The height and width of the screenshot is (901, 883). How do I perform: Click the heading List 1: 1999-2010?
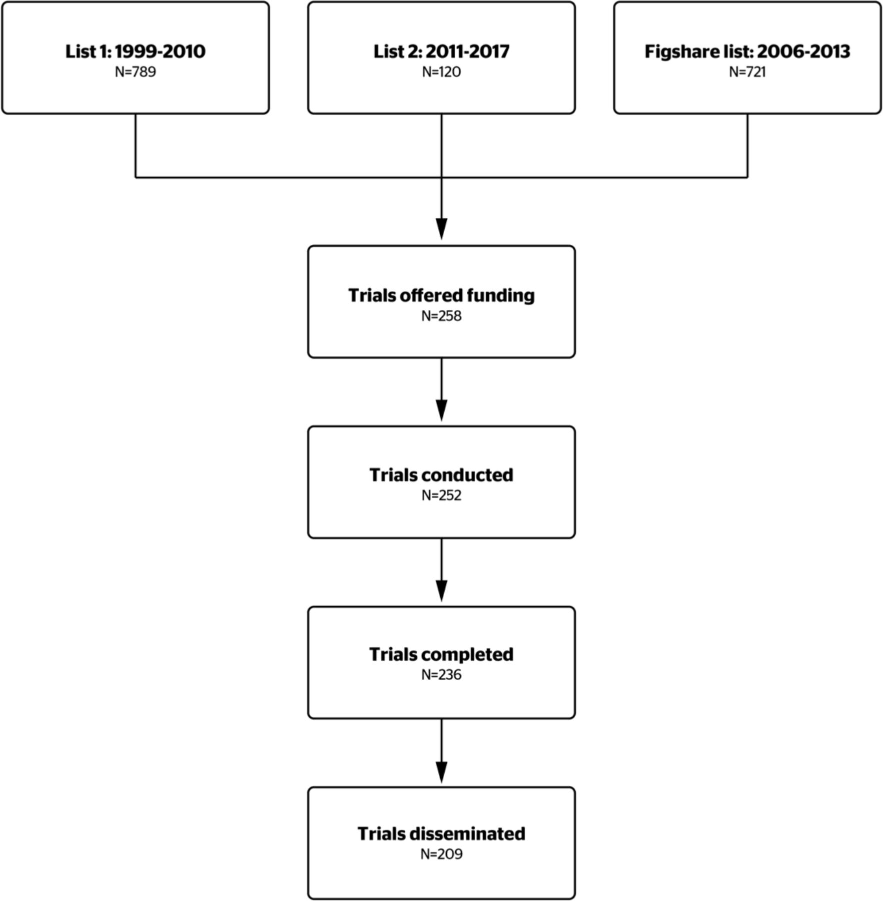click(x=135, y=52)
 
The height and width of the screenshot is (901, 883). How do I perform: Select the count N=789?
click(x=135, y=72)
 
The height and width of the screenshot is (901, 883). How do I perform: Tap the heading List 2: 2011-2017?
click(x=441, y=52)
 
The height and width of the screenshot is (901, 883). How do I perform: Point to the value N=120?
click(x=441, y=72)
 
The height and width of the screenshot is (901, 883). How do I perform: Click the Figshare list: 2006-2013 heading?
click(x=747, y=52)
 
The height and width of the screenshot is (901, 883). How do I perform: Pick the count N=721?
click(x=747, y=72)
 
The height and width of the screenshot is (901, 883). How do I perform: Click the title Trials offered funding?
click(x=441, y=295)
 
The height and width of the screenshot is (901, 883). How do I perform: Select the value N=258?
click(x=441, y=316)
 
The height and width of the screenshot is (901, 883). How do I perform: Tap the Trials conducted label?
click(x=441, y=475)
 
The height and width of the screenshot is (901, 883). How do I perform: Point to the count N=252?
click(x=441, y=496)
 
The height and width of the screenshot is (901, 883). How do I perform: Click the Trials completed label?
click(x=441, y=655)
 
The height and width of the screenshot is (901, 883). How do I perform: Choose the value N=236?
click(x=441, y=675)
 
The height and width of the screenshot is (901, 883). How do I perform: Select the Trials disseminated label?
click(x=441, y=834)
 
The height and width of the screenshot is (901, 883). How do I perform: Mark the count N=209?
click(x=441, y=854)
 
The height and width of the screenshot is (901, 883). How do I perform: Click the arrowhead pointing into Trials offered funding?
click(x=441, y=229)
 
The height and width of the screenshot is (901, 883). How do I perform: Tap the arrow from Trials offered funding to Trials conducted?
click(x=441, y=389)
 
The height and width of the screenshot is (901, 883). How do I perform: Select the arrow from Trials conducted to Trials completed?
click(x=441, y=570)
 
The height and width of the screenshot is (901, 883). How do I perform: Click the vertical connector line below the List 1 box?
click(x=136, y=145)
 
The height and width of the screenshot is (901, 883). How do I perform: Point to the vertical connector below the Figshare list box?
click(x=747, y=145)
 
